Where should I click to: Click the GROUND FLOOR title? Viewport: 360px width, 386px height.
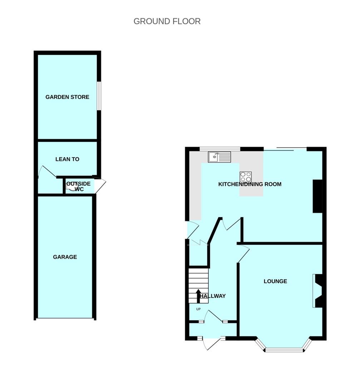tap(167, 21)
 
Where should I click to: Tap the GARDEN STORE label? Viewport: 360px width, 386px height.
tap(67, 97)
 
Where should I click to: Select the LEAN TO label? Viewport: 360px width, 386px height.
tap(67, 159)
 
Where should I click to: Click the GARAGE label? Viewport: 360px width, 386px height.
tap(65, 257)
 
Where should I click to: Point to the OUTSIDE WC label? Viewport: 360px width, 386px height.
tap(79, 186)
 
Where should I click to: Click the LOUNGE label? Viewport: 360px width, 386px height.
tap(275, 281)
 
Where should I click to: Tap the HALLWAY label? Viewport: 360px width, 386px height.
tap(212, 296)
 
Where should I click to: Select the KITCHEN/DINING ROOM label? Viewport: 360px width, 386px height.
tap(250, 184)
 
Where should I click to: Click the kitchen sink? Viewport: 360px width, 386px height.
tap(220, 157)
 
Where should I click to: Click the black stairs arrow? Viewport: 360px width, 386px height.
tap(198, 296)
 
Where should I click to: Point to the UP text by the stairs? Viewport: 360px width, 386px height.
tap(198, 309)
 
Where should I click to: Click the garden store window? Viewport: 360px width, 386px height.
tap(99, 96)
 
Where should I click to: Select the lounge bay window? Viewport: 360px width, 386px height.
tap(283, 346)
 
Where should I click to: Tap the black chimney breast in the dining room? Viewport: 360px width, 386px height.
tap(318, 196)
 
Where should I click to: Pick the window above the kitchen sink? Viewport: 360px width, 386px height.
tap(220, 149)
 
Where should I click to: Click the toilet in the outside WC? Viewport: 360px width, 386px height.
tap(71, 186)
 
